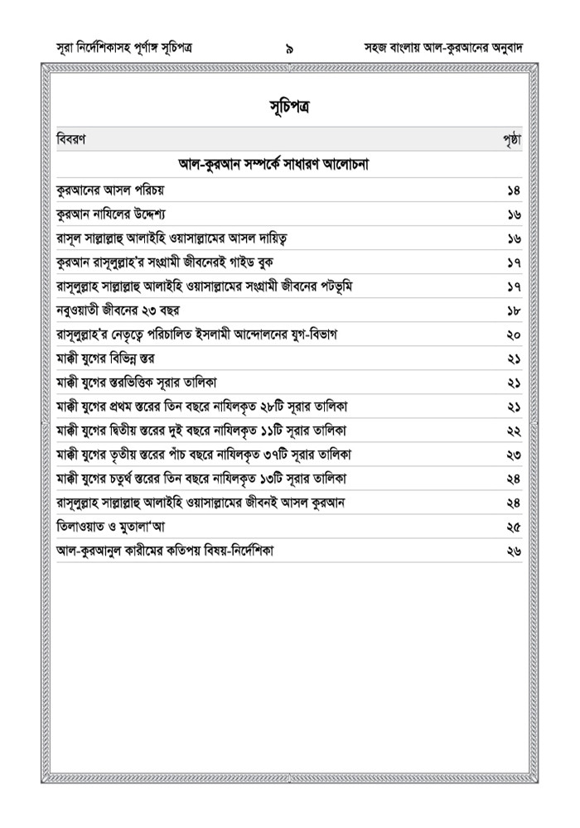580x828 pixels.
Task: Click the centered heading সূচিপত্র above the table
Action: click(x=289, y=108)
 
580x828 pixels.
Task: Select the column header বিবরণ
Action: click(x=70, y=139)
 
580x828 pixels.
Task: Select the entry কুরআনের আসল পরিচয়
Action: click(x=110, y=190)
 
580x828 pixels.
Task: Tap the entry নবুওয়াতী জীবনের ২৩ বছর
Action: click(x=118, y=310)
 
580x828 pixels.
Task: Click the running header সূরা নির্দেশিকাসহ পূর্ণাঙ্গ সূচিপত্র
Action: click(x=126, y=48)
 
